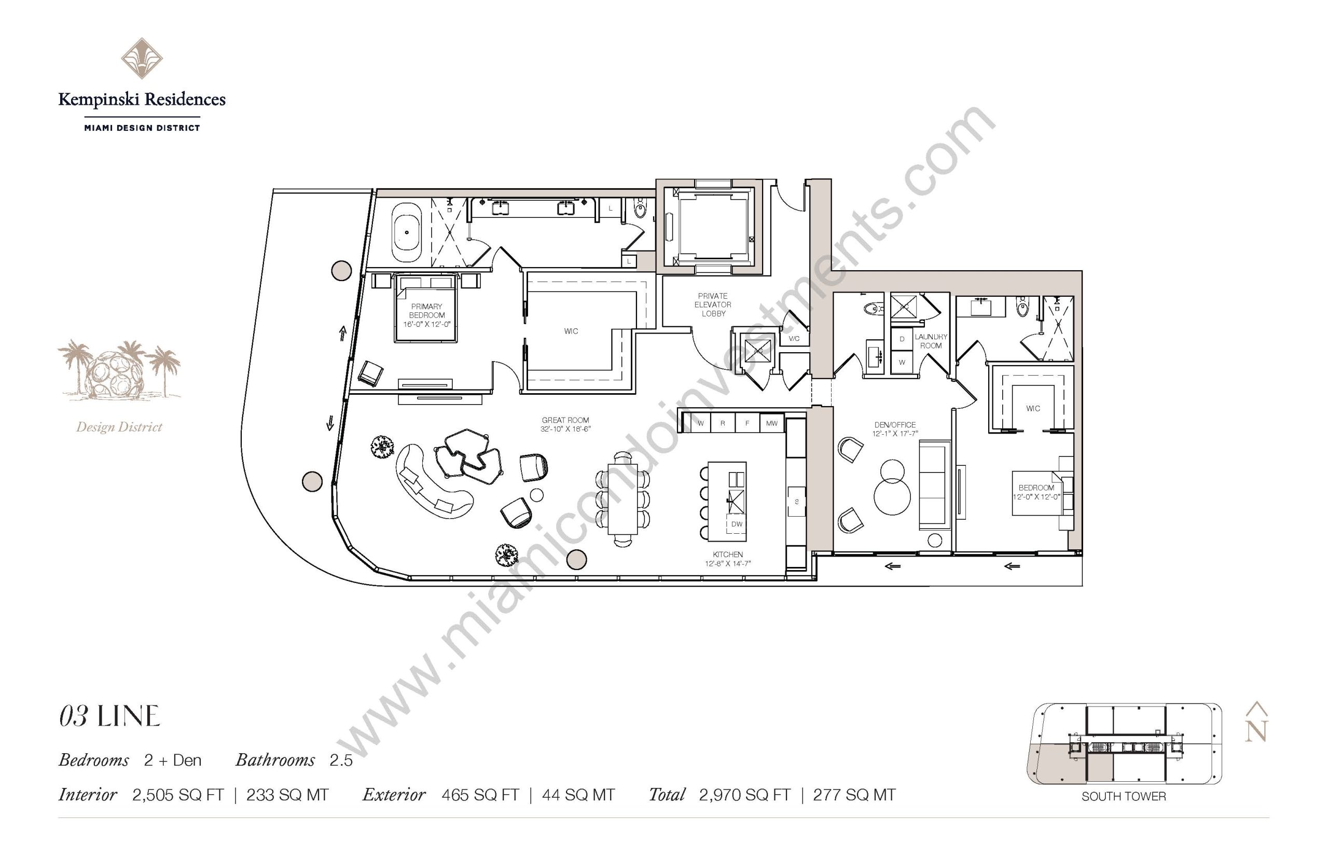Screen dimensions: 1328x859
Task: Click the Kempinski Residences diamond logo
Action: [x=142, y=59]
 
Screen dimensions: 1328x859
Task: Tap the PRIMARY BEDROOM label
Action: [x=427, y=311]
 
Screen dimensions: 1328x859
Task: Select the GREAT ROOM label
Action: [x=565, y=420]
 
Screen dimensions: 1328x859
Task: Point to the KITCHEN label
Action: [x=728, y=555]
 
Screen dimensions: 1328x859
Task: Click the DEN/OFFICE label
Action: [x=895, y=424]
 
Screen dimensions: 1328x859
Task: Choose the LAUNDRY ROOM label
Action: [x=930, y=341]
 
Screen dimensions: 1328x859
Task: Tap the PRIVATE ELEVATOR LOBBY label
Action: [x=713, y=304]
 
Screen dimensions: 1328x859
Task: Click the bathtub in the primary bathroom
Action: [x=407, y=233]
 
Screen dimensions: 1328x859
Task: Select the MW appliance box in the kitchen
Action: [x=771, y=423]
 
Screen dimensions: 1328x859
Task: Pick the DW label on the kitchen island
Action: [x=736, y=524]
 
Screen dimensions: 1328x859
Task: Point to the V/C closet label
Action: [x=794, y=339]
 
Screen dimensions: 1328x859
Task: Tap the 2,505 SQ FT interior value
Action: [x=178, y=795]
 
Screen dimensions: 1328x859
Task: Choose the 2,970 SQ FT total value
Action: [x=744, y=795]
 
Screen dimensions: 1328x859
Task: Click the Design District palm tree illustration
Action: [x=119, y=370]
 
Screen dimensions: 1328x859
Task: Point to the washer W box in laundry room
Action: [x=902, y=362]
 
